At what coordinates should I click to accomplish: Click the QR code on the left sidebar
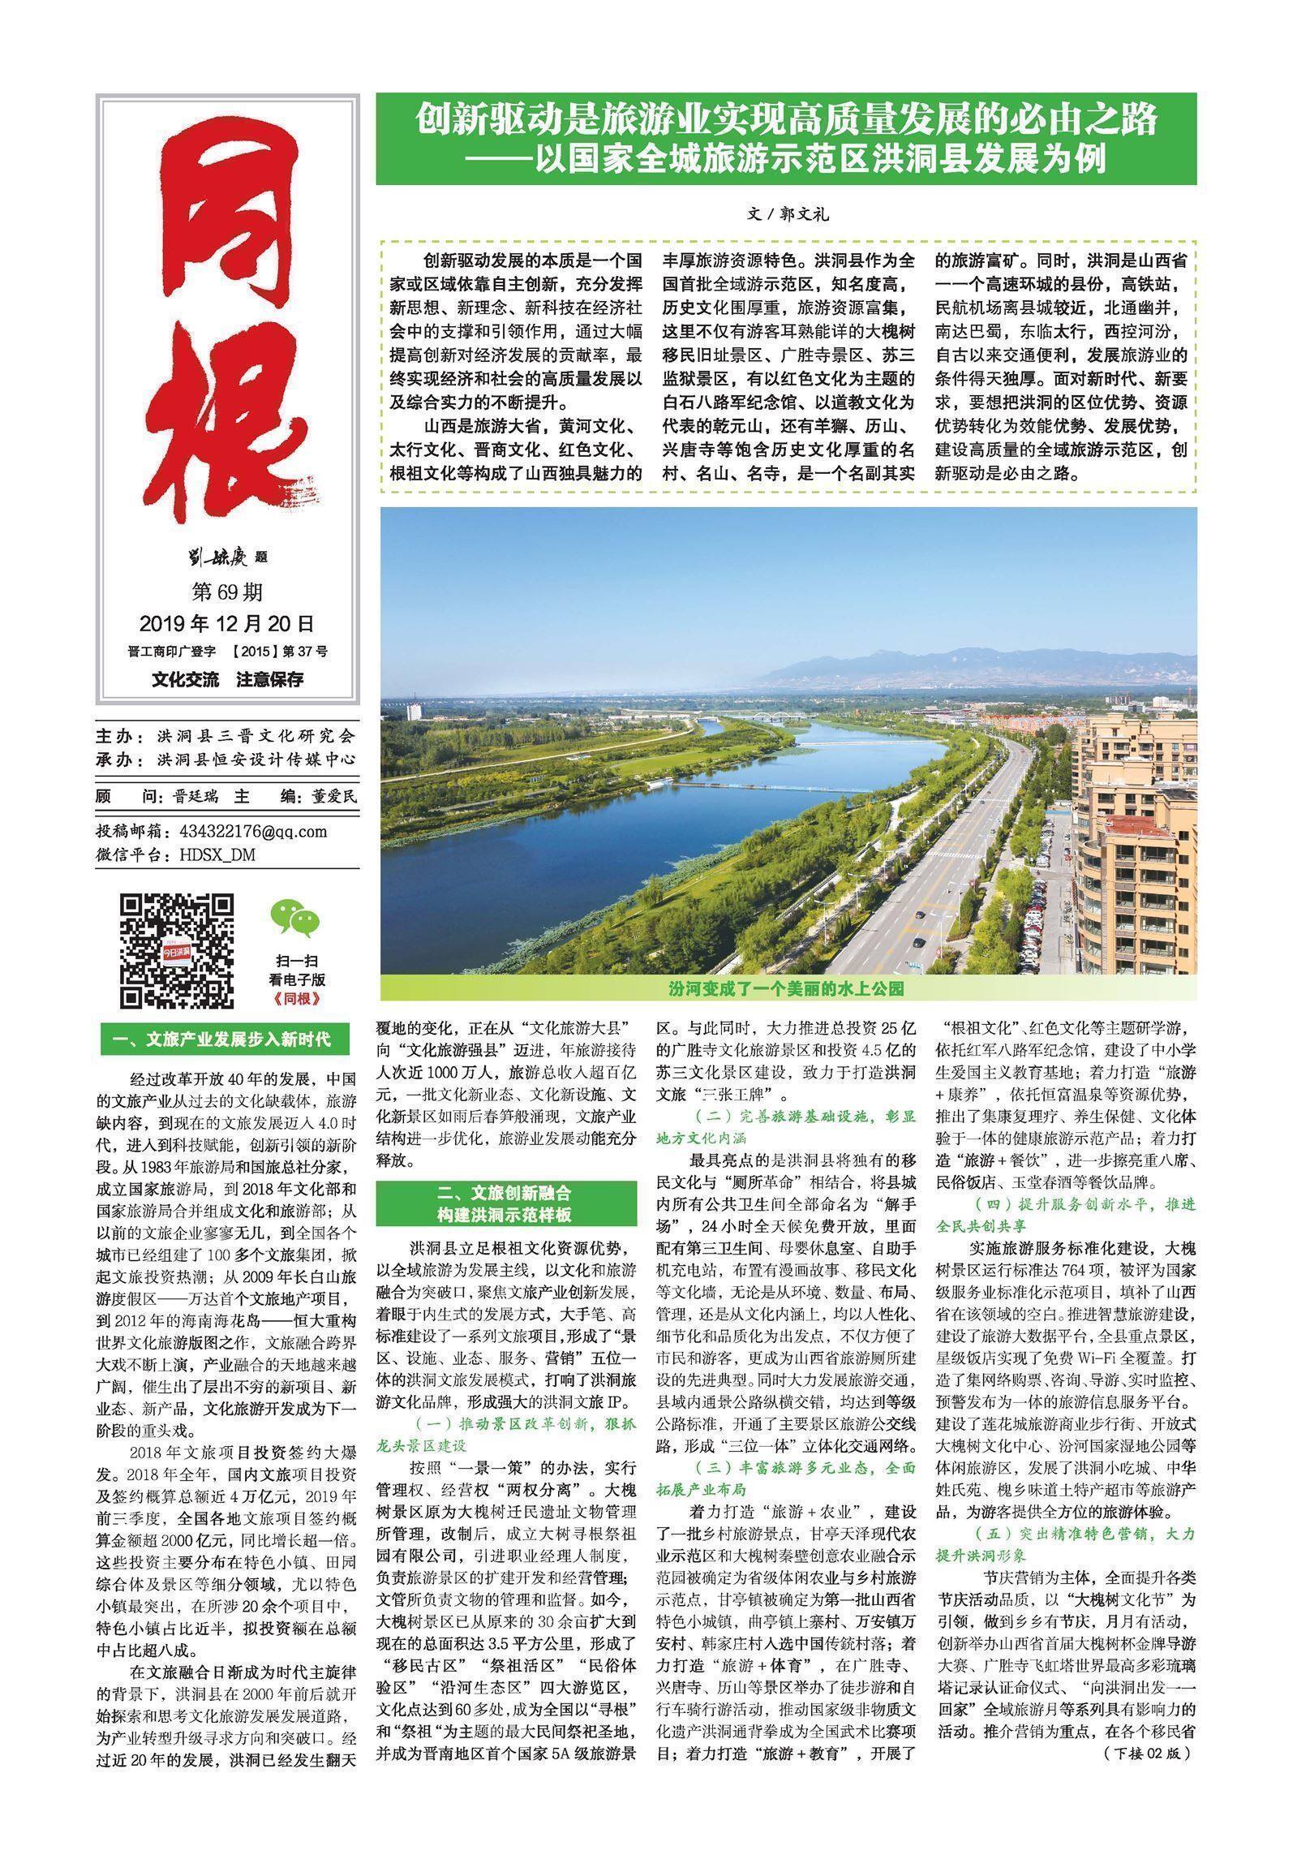click(178, 951)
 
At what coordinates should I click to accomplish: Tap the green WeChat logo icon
click(295, 919)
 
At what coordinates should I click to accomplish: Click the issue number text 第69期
click(226, 592)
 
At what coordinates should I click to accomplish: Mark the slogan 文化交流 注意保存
click(226, 679)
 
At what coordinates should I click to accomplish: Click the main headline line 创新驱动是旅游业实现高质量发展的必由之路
click(785, 122)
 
